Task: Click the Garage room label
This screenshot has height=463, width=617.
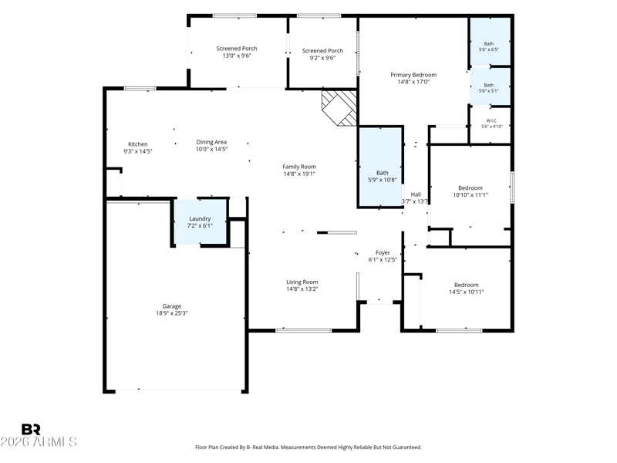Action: coord(171,306)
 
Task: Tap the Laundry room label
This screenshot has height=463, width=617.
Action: coord(200,218)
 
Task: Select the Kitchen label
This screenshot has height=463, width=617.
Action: coord(138,144)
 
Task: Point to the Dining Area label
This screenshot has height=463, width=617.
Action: coord(211,142)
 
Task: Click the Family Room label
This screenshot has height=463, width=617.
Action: coord(299,167)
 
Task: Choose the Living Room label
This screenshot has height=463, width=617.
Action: coord(302,282)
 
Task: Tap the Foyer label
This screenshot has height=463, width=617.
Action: coord(383,253)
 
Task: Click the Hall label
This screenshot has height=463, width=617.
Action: coord(416,194)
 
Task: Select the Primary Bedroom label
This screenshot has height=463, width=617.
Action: coord(413,75)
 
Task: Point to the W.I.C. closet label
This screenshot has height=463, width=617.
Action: coord(491,120)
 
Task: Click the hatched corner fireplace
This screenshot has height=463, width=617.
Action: coord(339,108)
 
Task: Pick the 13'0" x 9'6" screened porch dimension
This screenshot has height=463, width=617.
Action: coord(237,56)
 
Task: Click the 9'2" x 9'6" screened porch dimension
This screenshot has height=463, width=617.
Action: coord(322,58)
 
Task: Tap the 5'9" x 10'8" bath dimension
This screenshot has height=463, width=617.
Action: coord(382,180)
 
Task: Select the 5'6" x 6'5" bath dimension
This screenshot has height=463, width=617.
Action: coord(489,49)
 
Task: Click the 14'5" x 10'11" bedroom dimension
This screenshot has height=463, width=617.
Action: coord(467,292)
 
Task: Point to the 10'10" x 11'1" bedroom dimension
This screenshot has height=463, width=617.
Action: coord(470,194)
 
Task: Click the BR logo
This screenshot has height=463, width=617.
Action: coord(31,430)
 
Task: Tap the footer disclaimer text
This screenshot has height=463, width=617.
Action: coord(308,448)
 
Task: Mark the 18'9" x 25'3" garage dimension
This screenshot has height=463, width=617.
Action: coord(171,313)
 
